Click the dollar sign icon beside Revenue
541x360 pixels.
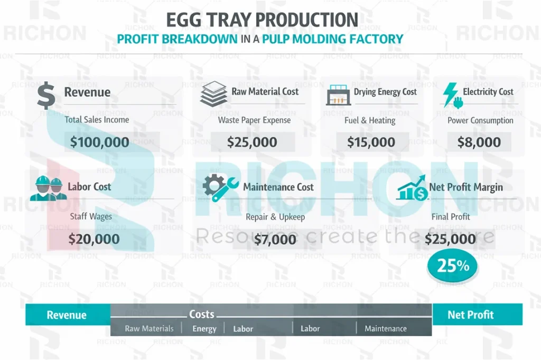point(46,95)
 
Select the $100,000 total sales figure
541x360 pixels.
point(100,141)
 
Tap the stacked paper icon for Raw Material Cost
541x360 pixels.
point(213,94)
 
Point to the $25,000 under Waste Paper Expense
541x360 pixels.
point(252,141)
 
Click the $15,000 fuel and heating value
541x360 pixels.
point(371,141)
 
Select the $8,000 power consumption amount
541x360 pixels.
point(479,141)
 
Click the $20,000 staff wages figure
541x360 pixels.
point(94,239)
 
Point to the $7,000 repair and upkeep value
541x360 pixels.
point(275,240)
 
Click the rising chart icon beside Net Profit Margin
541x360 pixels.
point(412,189)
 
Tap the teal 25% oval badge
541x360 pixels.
point(452,266)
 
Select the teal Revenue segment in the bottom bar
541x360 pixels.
point(67,315)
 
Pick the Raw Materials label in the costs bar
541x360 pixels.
point(149,328)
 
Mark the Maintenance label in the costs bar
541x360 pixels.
point(386,328)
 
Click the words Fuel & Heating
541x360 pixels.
point(370,120)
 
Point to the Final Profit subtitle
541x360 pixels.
point(451,216)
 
